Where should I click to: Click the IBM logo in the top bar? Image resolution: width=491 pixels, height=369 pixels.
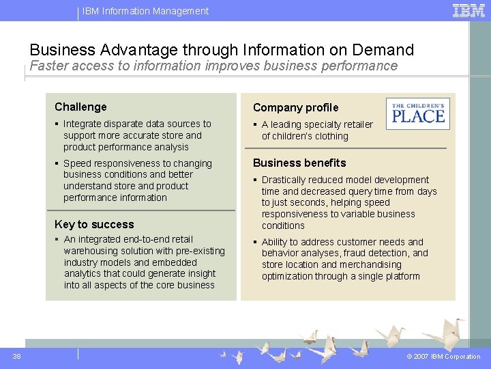coord(468,10)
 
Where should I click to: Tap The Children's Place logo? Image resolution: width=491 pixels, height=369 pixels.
coord(417,113)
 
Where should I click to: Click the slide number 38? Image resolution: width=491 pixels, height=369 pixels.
coord(17,356)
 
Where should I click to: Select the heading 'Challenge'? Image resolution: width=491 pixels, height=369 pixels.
coord(80,107)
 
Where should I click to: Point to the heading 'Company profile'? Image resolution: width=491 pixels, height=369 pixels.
coord(295,107)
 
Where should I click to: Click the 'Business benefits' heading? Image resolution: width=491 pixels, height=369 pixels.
coord(299,163)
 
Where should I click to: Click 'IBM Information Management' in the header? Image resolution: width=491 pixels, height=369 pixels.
coord(145,11)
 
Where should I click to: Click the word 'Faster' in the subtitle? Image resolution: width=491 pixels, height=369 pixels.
coord(50,66)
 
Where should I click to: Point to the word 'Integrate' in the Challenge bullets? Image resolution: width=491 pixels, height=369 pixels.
coord(84,124)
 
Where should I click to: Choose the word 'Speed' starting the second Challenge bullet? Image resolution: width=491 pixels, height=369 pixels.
coord(76,163)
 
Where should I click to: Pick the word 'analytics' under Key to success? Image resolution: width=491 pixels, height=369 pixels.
coord(83,274)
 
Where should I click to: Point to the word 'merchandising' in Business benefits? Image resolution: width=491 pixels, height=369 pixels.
coord(371,265)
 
